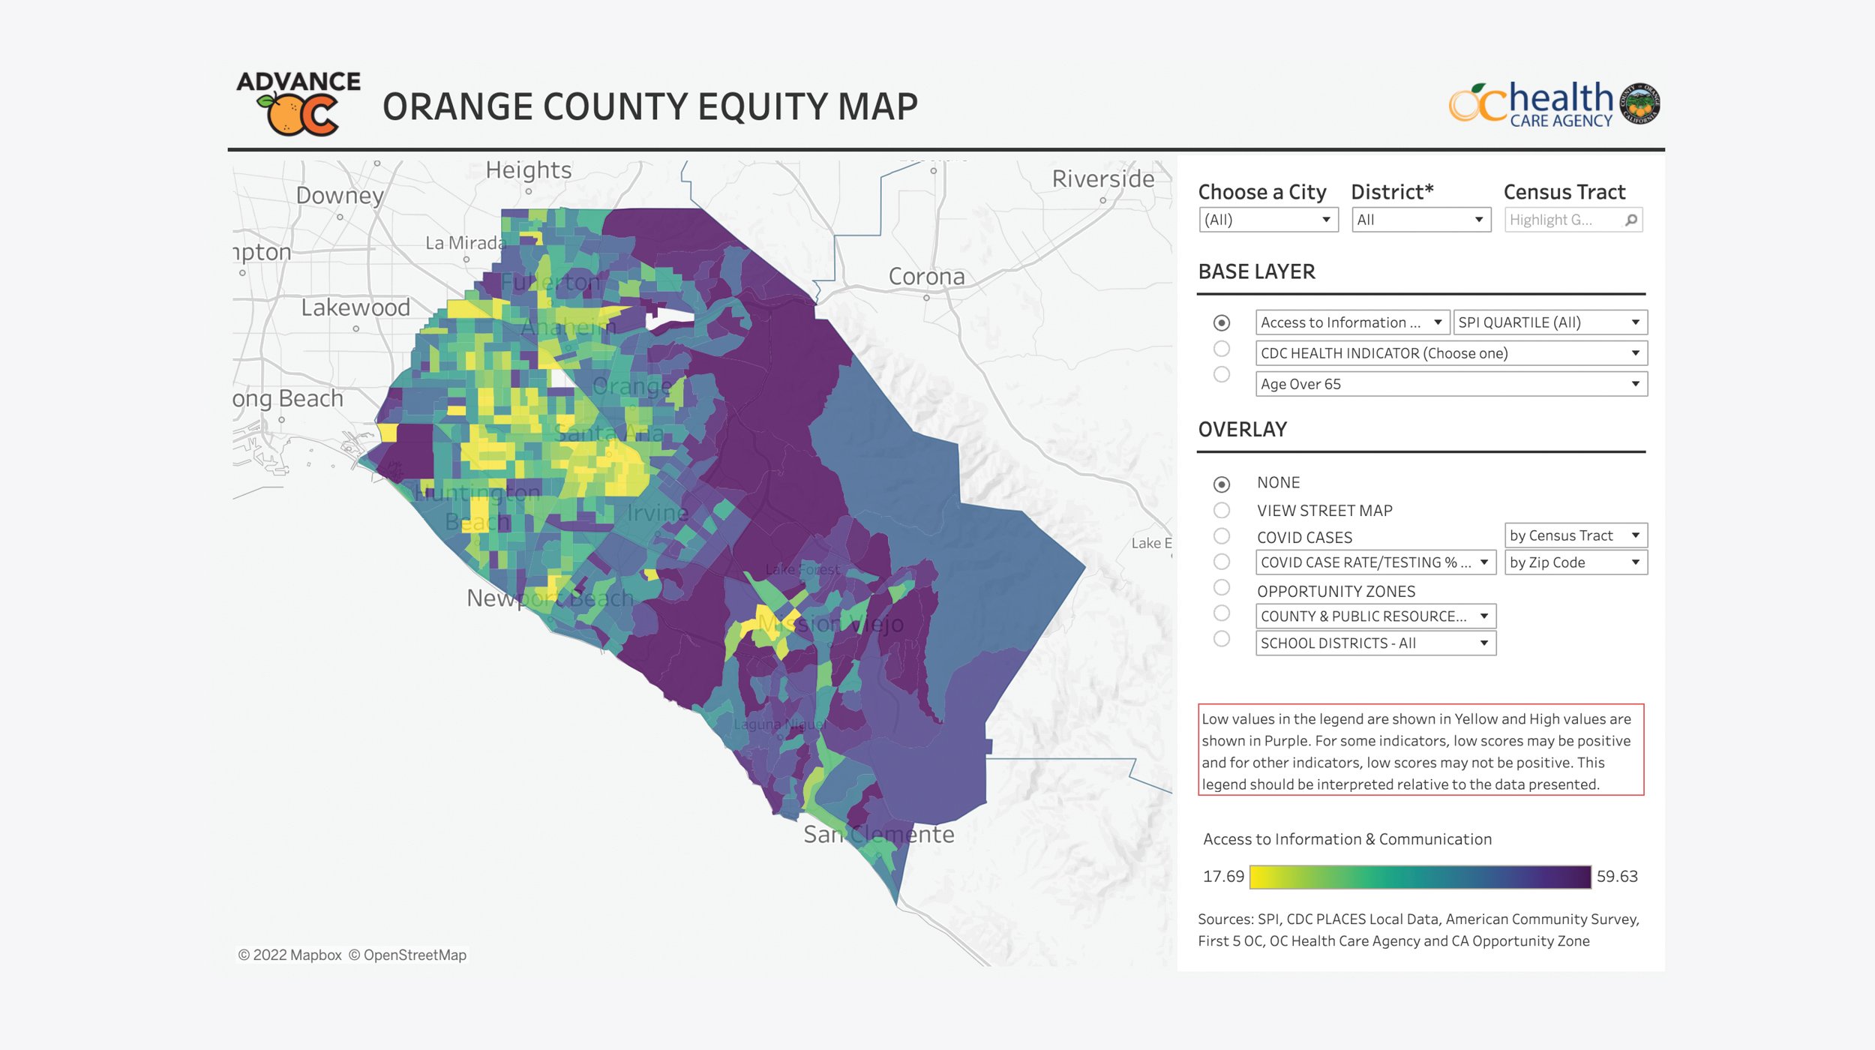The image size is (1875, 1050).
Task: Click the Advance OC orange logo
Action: (298, 103)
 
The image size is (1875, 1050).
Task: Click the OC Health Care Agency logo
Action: (1553, 103)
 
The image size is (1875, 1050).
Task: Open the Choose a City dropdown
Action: (1268, 220)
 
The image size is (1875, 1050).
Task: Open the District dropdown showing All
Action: (1420, 220)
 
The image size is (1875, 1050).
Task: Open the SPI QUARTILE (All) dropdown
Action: (1549, 322)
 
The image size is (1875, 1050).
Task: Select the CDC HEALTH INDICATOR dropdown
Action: (1450, 353)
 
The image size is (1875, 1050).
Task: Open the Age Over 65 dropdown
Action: (1450, 384)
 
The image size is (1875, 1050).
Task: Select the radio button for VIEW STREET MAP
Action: (1222, 510)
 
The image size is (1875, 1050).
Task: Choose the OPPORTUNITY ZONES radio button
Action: (1222, 587)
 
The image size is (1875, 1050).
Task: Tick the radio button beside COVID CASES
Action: (1222, 535)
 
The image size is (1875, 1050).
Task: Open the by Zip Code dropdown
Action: (1576, 562)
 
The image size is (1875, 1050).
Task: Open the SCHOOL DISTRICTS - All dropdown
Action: (1375, 643)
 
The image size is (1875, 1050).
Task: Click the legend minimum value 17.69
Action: (1222, 876)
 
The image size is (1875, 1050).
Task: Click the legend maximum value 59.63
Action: (1616, 876)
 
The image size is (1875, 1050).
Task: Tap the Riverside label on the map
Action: (1102, 179)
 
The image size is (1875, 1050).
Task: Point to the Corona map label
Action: (926, 277)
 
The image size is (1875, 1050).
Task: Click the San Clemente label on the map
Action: (878, 834)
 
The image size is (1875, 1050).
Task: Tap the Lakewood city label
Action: (355, 307)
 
